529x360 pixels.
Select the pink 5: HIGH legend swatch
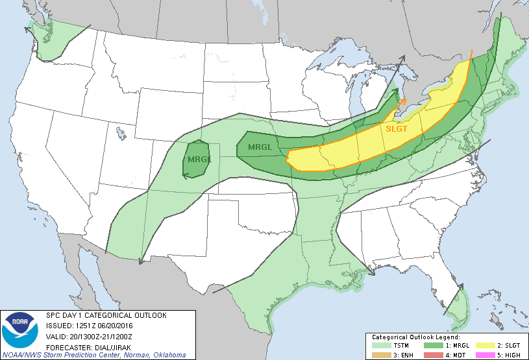[482, 355]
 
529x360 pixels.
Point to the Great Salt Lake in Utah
[121, 134]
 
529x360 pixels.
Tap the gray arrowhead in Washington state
[29, 28]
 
